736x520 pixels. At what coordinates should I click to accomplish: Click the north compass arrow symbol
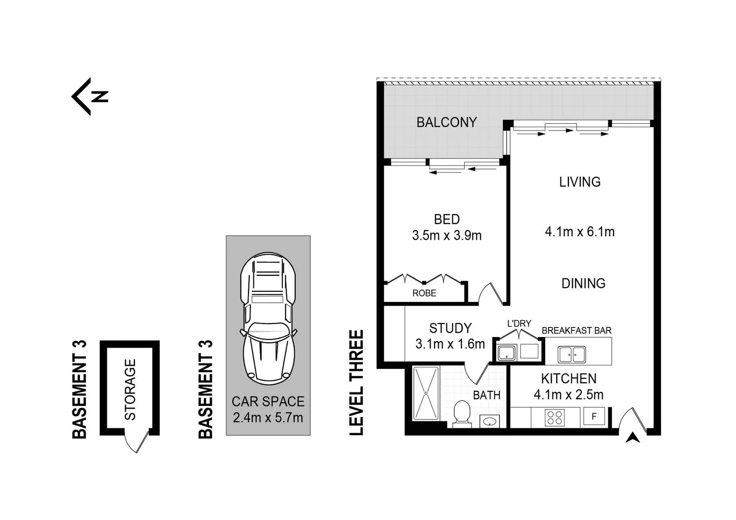click(90, 97)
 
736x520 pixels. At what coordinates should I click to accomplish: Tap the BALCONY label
click(446, 122)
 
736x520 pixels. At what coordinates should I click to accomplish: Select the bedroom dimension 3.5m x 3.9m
click(447, 235)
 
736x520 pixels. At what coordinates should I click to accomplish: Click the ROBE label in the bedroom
click(424, 293)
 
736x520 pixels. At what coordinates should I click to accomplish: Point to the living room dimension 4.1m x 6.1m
click(579, 232)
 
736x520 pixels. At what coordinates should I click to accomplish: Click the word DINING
click(583, 283)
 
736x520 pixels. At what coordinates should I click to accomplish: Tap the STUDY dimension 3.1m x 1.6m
click(450, 344)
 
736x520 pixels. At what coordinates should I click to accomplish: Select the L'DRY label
click(519, 324)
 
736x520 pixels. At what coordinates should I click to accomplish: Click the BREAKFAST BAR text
click(576, 331)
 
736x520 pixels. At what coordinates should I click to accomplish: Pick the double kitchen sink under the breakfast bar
click(572, 355)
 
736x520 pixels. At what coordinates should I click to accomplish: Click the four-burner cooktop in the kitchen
click(554, 417)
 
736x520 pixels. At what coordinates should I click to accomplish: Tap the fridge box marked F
click(594, 416)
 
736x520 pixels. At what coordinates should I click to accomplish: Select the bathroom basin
click(490, 422)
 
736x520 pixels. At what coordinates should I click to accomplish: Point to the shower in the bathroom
click(426, 392)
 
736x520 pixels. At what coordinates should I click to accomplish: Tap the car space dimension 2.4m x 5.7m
click(268, 417)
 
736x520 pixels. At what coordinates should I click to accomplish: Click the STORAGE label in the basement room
click(130, 389)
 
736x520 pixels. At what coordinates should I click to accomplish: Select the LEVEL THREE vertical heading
click(356, 383)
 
